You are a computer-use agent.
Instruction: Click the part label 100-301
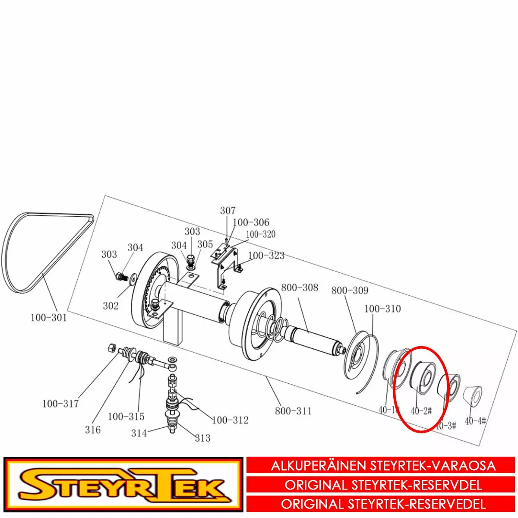coord(49,318)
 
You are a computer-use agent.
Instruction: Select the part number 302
coord(111,306)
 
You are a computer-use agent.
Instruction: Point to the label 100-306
coord(251,222)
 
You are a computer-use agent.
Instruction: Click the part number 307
coord(228,211)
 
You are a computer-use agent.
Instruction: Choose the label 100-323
coord(266,256)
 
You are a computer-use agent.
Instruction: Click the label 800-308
coord(300,287)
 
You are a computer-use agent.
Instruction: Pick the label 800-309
coord(350,291)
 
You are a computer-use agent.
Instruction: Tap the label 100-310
coord(382,309)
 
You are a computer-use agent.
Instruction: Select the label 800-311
coord(293,411)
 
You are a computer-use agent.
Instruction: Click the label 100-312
coord(230,420)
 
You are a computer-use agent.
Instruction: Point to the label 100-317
coord(60,404)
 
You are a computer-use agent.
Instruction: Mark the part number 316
coord(93,430)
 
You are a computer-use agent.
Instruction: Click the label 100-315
coord(126,417)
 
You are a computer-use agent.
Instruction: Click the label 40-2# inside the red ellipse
coord(421,411)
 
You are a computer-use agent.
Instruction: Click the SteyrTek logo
coord(123,486)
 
